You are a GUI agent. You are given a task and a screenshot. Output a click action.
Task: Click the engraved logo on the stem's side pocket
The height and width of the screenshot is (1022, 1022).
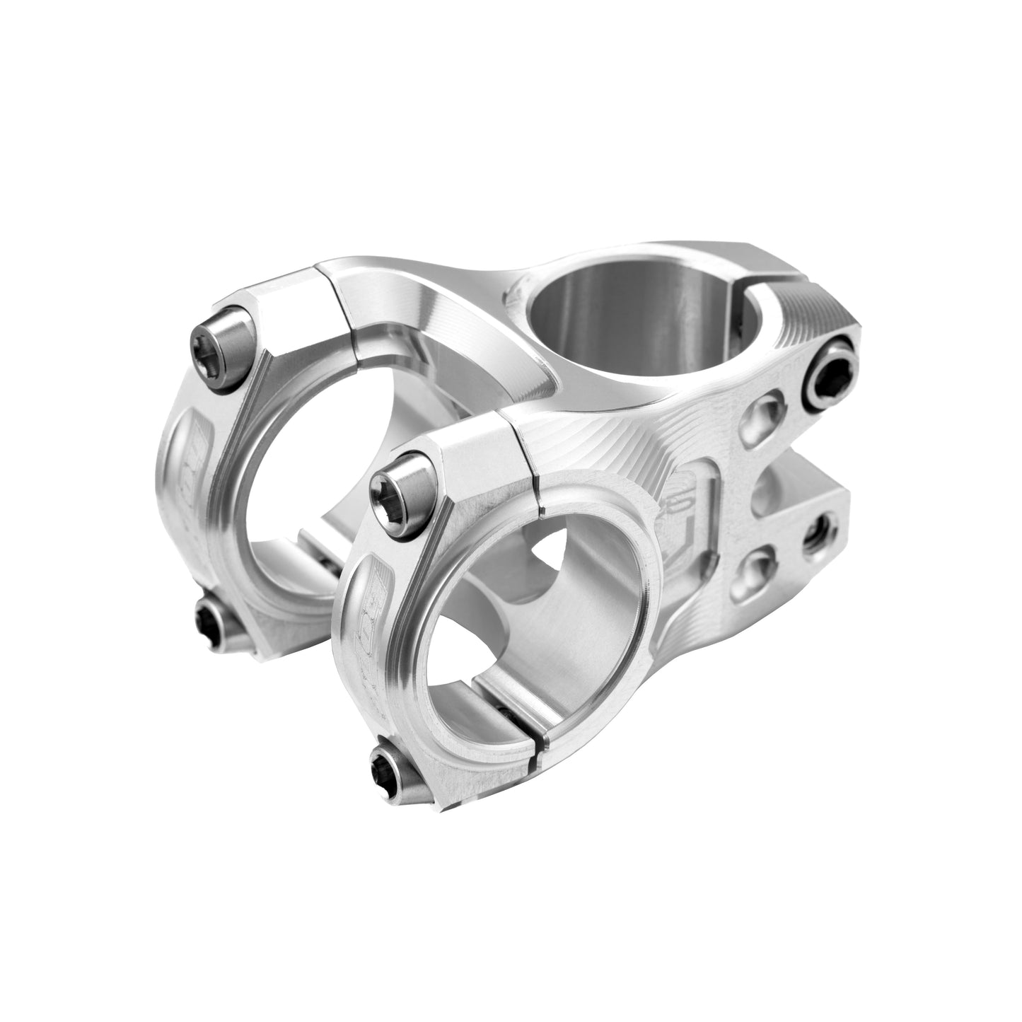683,509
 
